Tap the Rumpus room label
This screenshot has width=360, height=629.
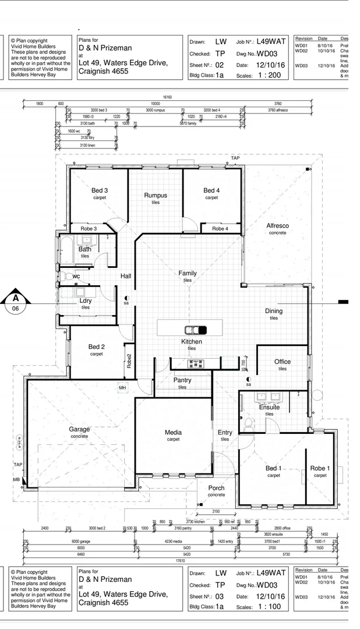tap(156, 195)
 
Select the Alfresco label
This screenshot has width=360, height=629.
tap(277, 225)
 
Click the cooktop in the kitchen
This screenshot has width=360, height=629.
tap(195, 363)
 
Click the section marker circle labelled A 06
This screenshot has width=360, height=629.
tap(16, 303)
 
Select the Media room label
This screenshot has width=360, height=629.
tap(173, 432)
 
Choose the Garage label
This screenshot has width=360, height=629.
tap(80, 429)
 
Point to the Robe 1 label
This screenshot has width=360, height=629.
tap(320, 468)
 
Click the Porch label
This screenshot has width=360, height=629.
tap(216, 488)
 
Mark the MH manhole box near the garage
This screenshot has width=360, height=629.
tap(122, 387)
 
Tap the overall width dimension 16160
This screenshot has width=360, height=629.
tap(167, 97)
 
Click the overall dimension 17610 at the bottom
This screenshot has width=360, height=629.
tap(180, 560)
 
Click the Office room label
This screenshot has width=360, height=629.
tap(282, 362)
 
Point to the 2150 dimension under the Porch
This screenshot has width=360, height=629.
tap(216, 511)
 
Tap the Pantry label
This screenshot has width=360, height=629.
tap(182, 380)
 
